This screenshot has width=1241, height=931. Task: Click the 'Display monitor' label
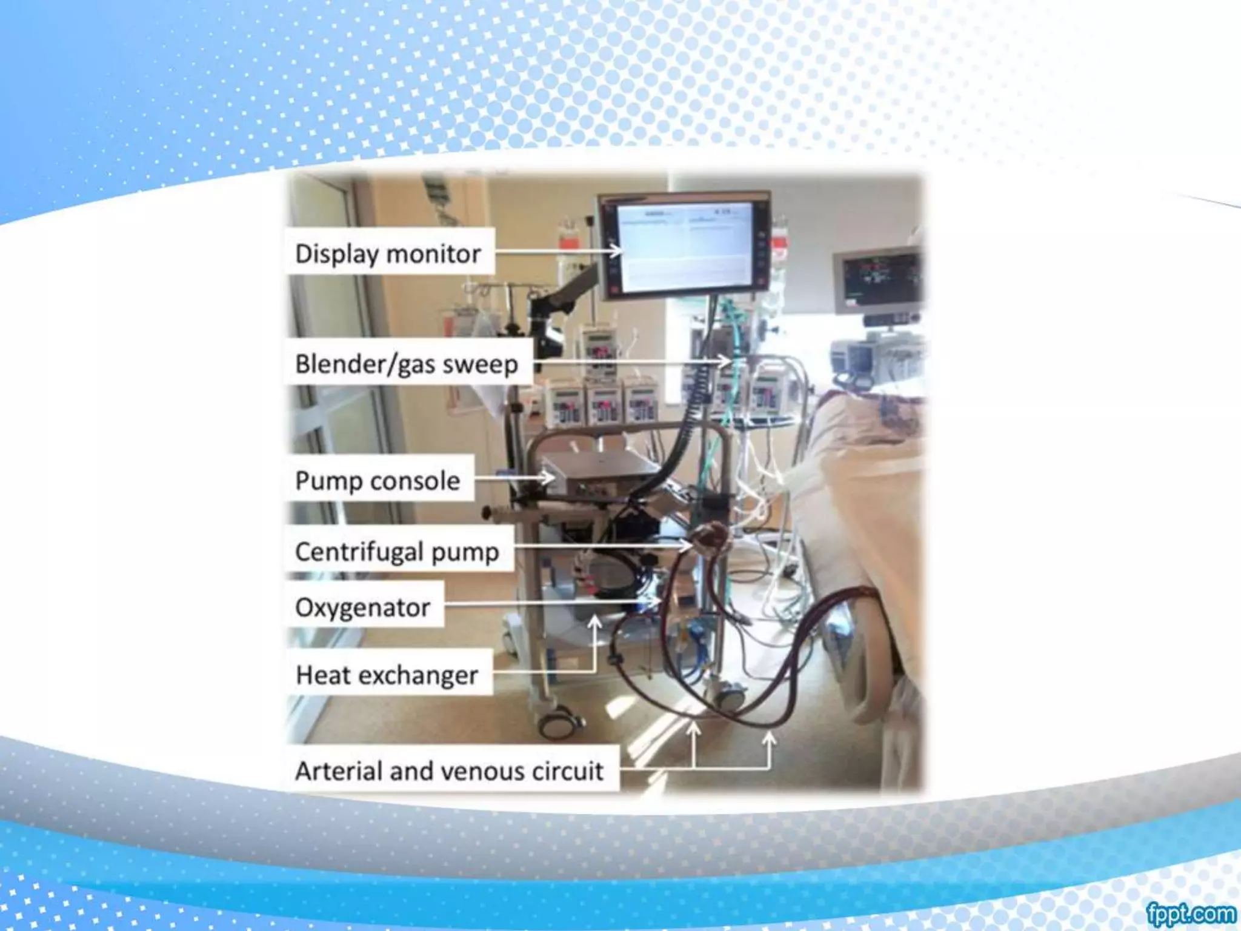click(x=388, y=253)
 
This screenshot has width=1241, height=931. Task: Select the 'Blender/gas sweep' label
click(x=407, y=364)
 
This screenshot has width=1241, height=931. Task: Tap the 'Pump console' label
click(x=378, y=481)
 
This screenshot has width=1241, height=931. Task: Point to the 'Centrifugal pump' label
click(x=397, y=552)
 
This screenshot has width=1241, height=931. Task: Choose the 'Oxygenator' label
click(x=362, y=607)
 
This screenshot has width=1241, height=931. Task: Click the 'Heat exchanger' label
click(x=387, y=675)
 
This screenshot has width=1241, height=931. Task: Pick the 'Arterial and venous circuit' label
click(x=449, y=771)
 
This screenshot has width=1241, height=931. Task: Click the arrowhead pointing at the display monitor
click(x=617, y=250)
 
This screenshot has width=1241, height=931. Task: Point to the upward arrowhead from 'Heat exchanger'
click(x=595, y=622)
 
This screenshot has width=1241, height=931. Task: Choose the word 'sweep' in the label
click(x=480, y=364)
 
